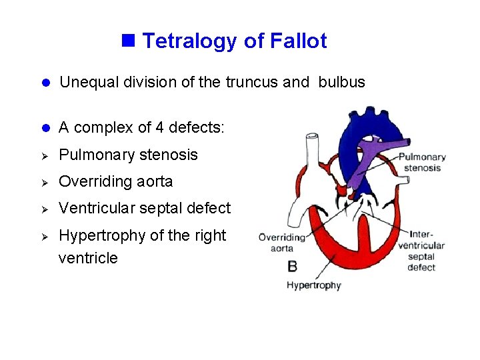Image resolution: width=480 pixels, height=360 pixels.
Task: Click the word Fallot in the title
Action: (298, 41)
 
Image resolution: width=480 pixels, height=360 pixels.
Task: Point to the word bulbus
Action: (341, 82)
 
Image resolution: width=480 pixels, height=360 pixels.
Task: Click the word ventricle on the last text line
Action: (88, 258)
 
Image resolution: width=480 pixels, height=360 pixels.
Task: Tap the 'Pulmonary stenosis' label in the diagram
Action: (422, 163)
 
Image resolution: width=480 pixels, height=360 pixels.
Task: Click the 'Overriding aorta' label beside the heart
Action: (281, 242)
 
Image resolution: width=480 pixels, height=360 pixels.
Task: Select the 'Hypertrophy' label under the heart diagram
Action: (313, 285)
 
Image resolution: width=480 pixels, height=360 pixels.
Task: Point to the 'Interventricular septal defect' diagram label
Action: (421, 251)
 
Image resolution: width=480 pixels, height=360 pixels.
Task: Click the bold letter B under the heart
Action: (292, 267)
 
